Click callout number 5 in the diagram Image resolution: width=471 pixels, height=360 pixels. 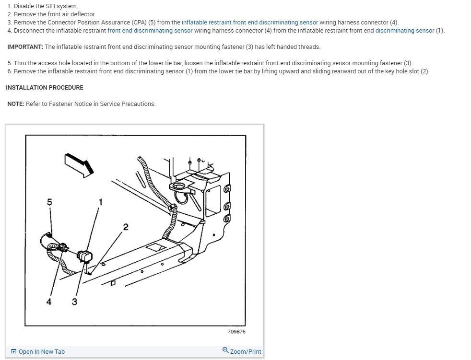49,202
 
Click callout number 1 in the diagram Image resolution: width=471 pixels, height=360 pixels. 100,202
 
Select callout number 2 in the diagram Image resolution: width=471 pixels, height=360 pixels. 126,227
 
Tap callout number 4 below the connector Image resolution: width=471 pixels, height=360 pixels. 49,302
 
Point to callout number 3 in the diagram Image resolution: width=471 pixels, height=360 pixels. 74,302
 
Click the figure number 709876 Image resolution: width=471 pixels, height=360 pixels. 236,332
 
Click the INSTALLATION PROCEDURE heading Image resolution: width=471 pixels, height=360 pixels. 45,88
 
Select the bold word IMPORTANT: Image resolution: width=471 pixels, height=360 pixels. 25,47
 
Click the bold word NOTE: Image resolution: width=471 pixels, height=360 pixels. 16,104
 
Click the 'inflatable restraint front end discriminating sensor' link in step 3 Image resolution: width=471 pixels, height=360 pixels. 249,22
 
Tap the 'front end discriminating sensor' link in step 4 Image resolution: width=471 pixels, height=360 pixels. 150,30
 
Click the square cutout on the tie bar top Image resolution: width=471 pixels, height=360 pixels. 156,248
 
